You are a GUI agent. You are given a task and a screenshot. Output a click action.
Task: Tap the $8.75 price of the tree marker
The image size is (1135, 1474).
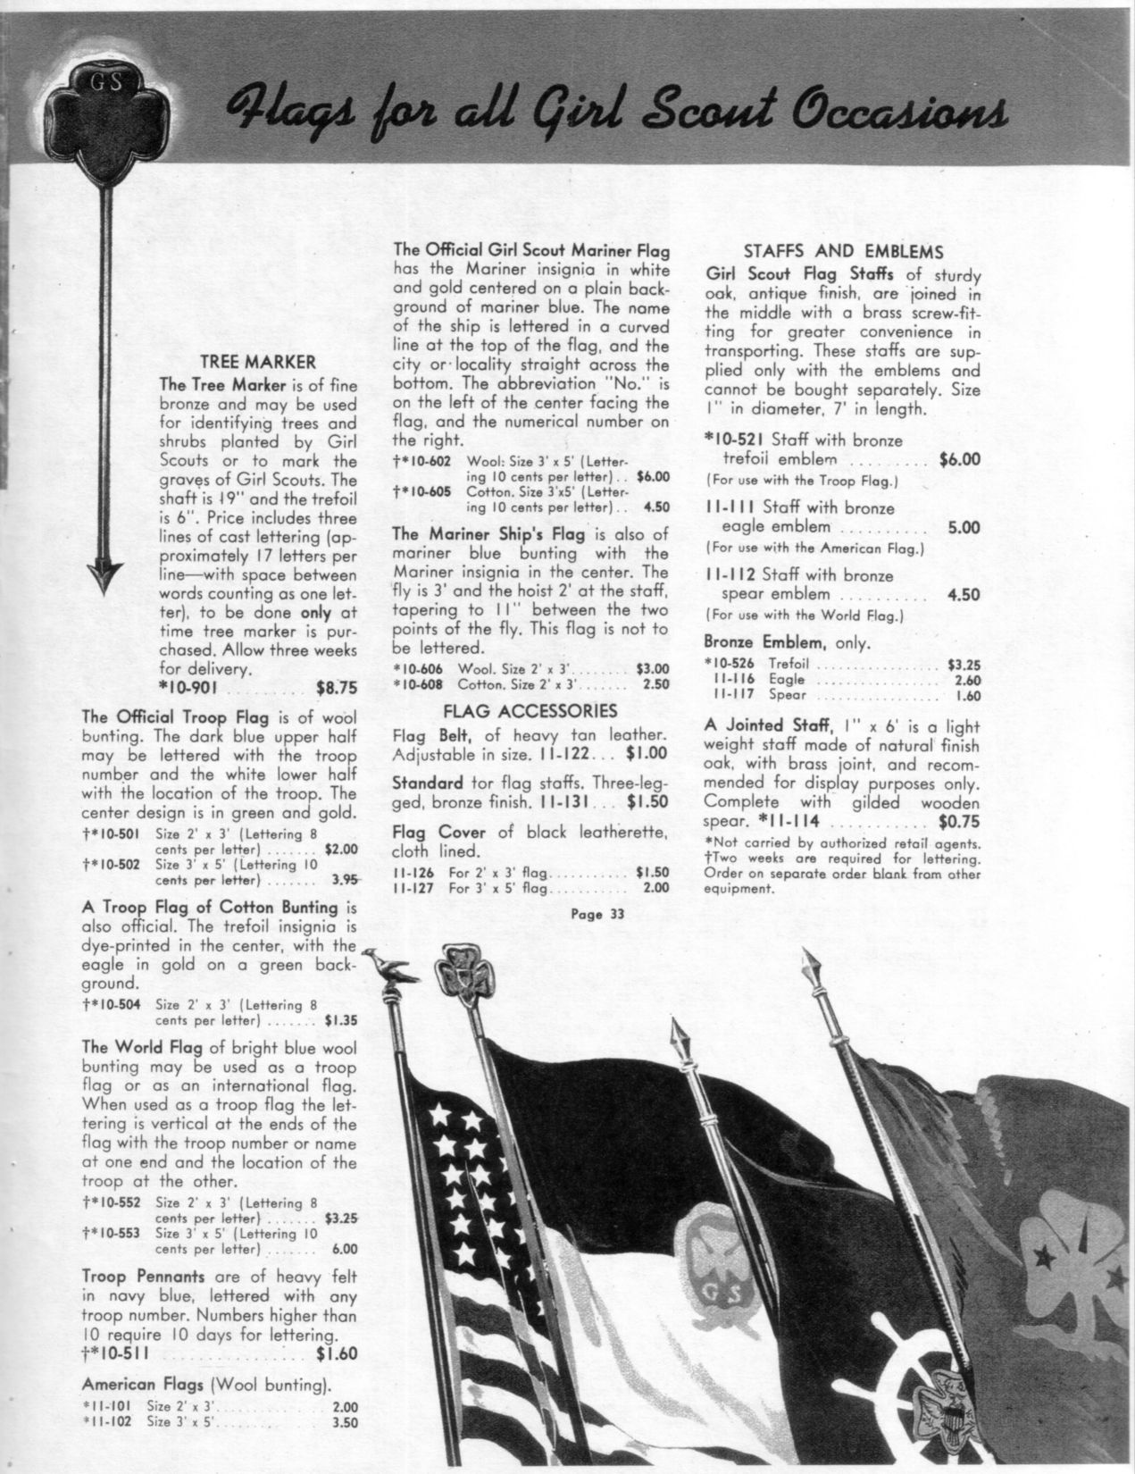[337, 689]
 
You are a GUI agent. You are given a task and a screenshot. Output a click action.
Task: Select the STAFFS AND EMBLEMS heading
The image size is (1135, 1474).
[844, 252]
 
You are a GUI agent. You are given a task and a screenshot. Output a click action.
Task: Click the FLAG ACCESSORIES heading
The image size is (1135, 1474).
[530, 711]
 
